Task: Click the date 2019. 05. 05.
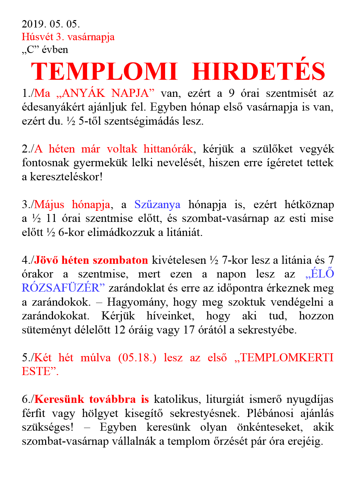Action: tap(51, 24)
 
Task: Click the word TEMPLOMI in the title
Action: tap(104, 71)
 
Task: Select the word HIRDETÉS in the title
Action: tap(259, 71)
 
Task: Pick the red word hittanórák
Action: tap(168, 149)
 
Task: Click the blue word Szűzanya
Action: tap(157, 204)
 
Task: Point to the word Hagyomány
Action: tap(137, 302)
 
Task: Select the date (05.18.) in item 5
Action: tap(137, 358)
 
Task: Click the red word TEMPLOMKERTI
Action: tap(287, 358)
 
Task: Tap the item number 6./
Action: tap(28, 399)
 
